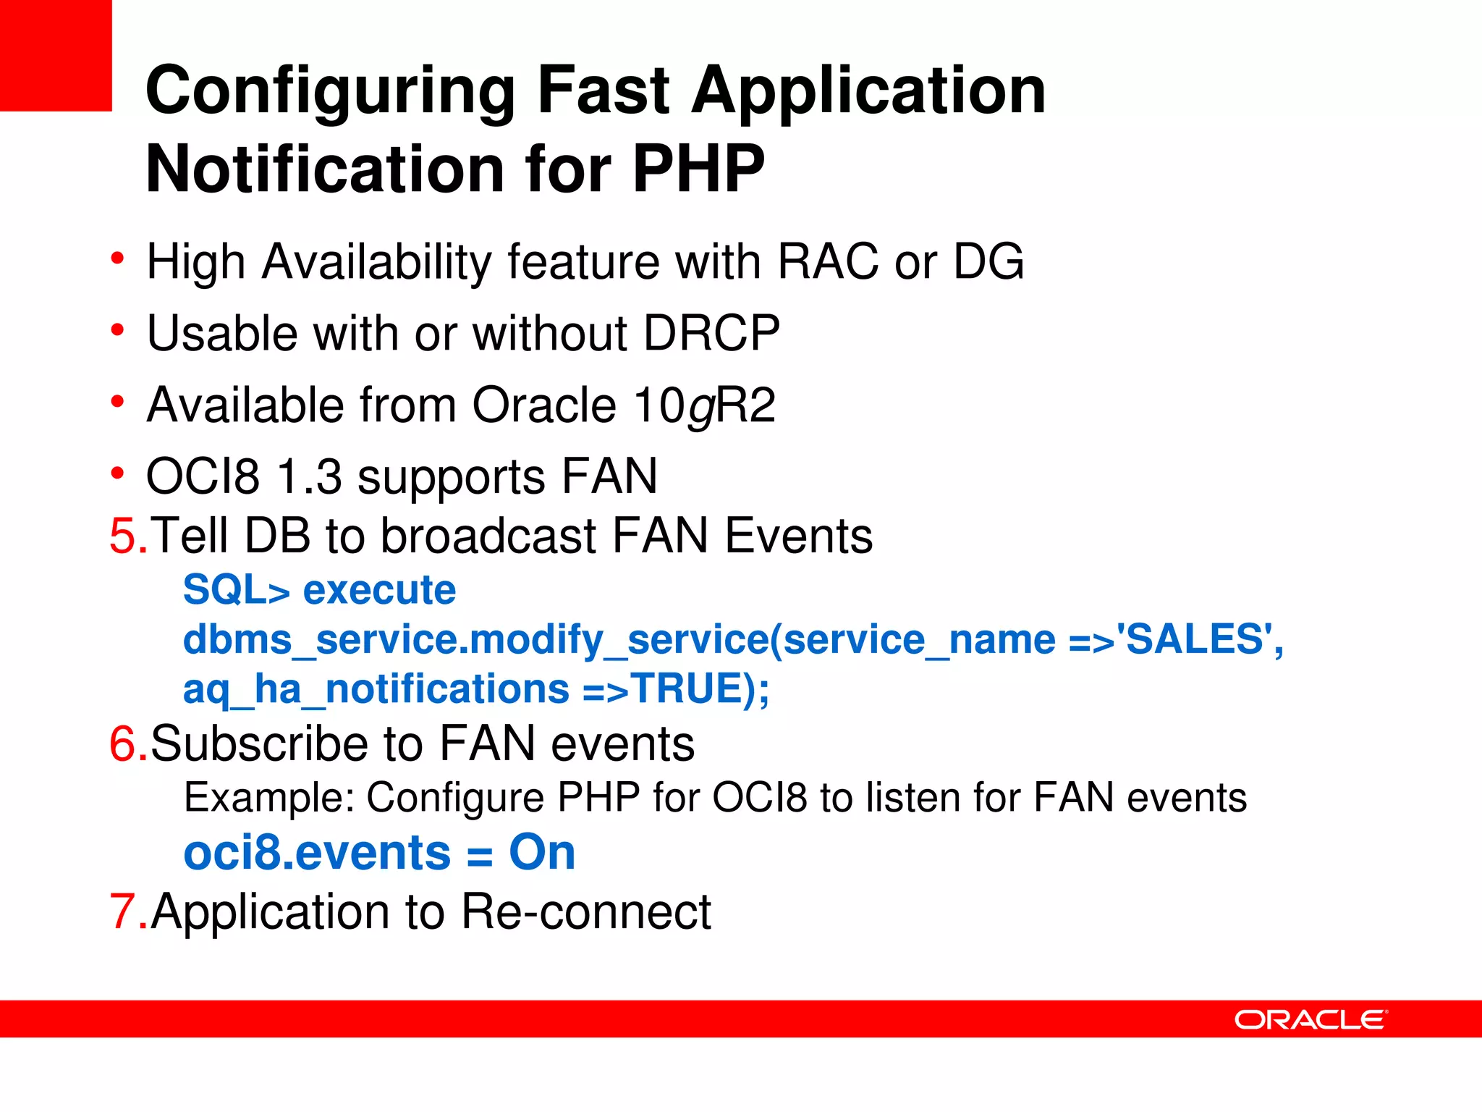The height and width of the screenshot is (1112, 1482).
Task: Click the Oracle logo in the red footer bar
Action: (1310, 1019)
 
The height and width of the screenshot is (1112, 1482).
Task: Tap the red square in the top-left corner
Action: (56, 55)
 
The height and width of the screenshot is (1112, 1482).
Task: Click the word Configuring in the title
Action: (330, 91)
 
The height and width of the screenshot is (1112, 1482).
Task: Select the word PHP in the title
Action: (698, 169)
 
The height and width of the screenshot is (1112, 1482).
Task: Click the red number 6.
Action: (124, 744)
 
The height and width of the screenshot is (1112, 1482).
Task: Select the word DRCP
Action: (711, 334)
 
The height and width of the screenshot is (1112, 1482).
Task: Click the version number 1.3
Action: (310, 477)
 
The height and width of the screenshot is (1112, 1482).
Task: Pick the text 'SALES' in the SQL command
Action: (1195, 639)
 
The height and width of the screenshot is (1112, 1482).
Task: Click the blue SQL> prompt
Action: (236, 590)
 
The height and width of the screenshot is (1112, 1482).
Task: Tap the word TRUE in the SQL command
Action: (687, 688)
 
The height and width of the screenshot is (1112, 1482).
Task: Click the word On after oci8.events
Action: (542, 852)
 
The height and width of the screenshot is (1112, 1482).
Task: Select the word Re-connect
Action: (586, 911)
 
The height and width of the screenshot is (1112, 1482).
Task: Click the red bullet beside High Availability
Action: (117, 258)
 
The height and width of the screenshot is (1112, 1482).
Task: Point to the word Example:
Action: (268, 798)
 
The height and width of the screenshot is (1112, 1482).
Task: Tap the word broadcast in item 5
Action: (488, 536)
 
